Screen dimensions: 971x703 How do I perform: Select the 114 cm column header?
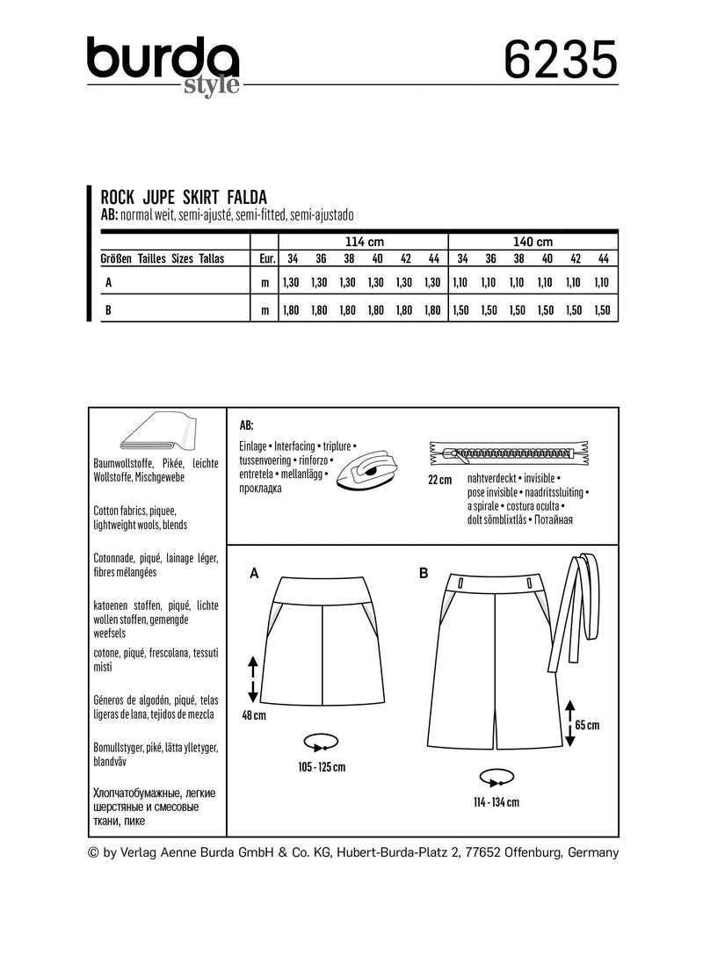coord(362,242)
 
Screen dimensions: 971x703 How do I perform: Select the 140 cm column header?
coord(533,242)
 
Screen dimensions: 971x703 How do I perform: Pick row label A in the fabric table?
coord(108,283)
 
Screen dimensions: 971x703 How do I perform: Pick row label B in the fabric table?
coord(108,310)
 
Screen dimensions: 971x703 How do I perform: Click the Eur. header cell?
coord(265,259)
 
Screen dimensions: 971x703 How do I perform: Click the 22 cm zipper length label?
coord(439,480)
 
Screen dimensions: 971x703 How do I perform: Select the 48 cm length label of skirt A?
coord(253,716)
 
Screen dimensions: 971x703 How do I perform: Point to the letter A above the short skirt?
coord(254,573)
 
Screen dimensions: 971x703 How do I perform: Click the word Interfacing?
coord(304,446)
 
